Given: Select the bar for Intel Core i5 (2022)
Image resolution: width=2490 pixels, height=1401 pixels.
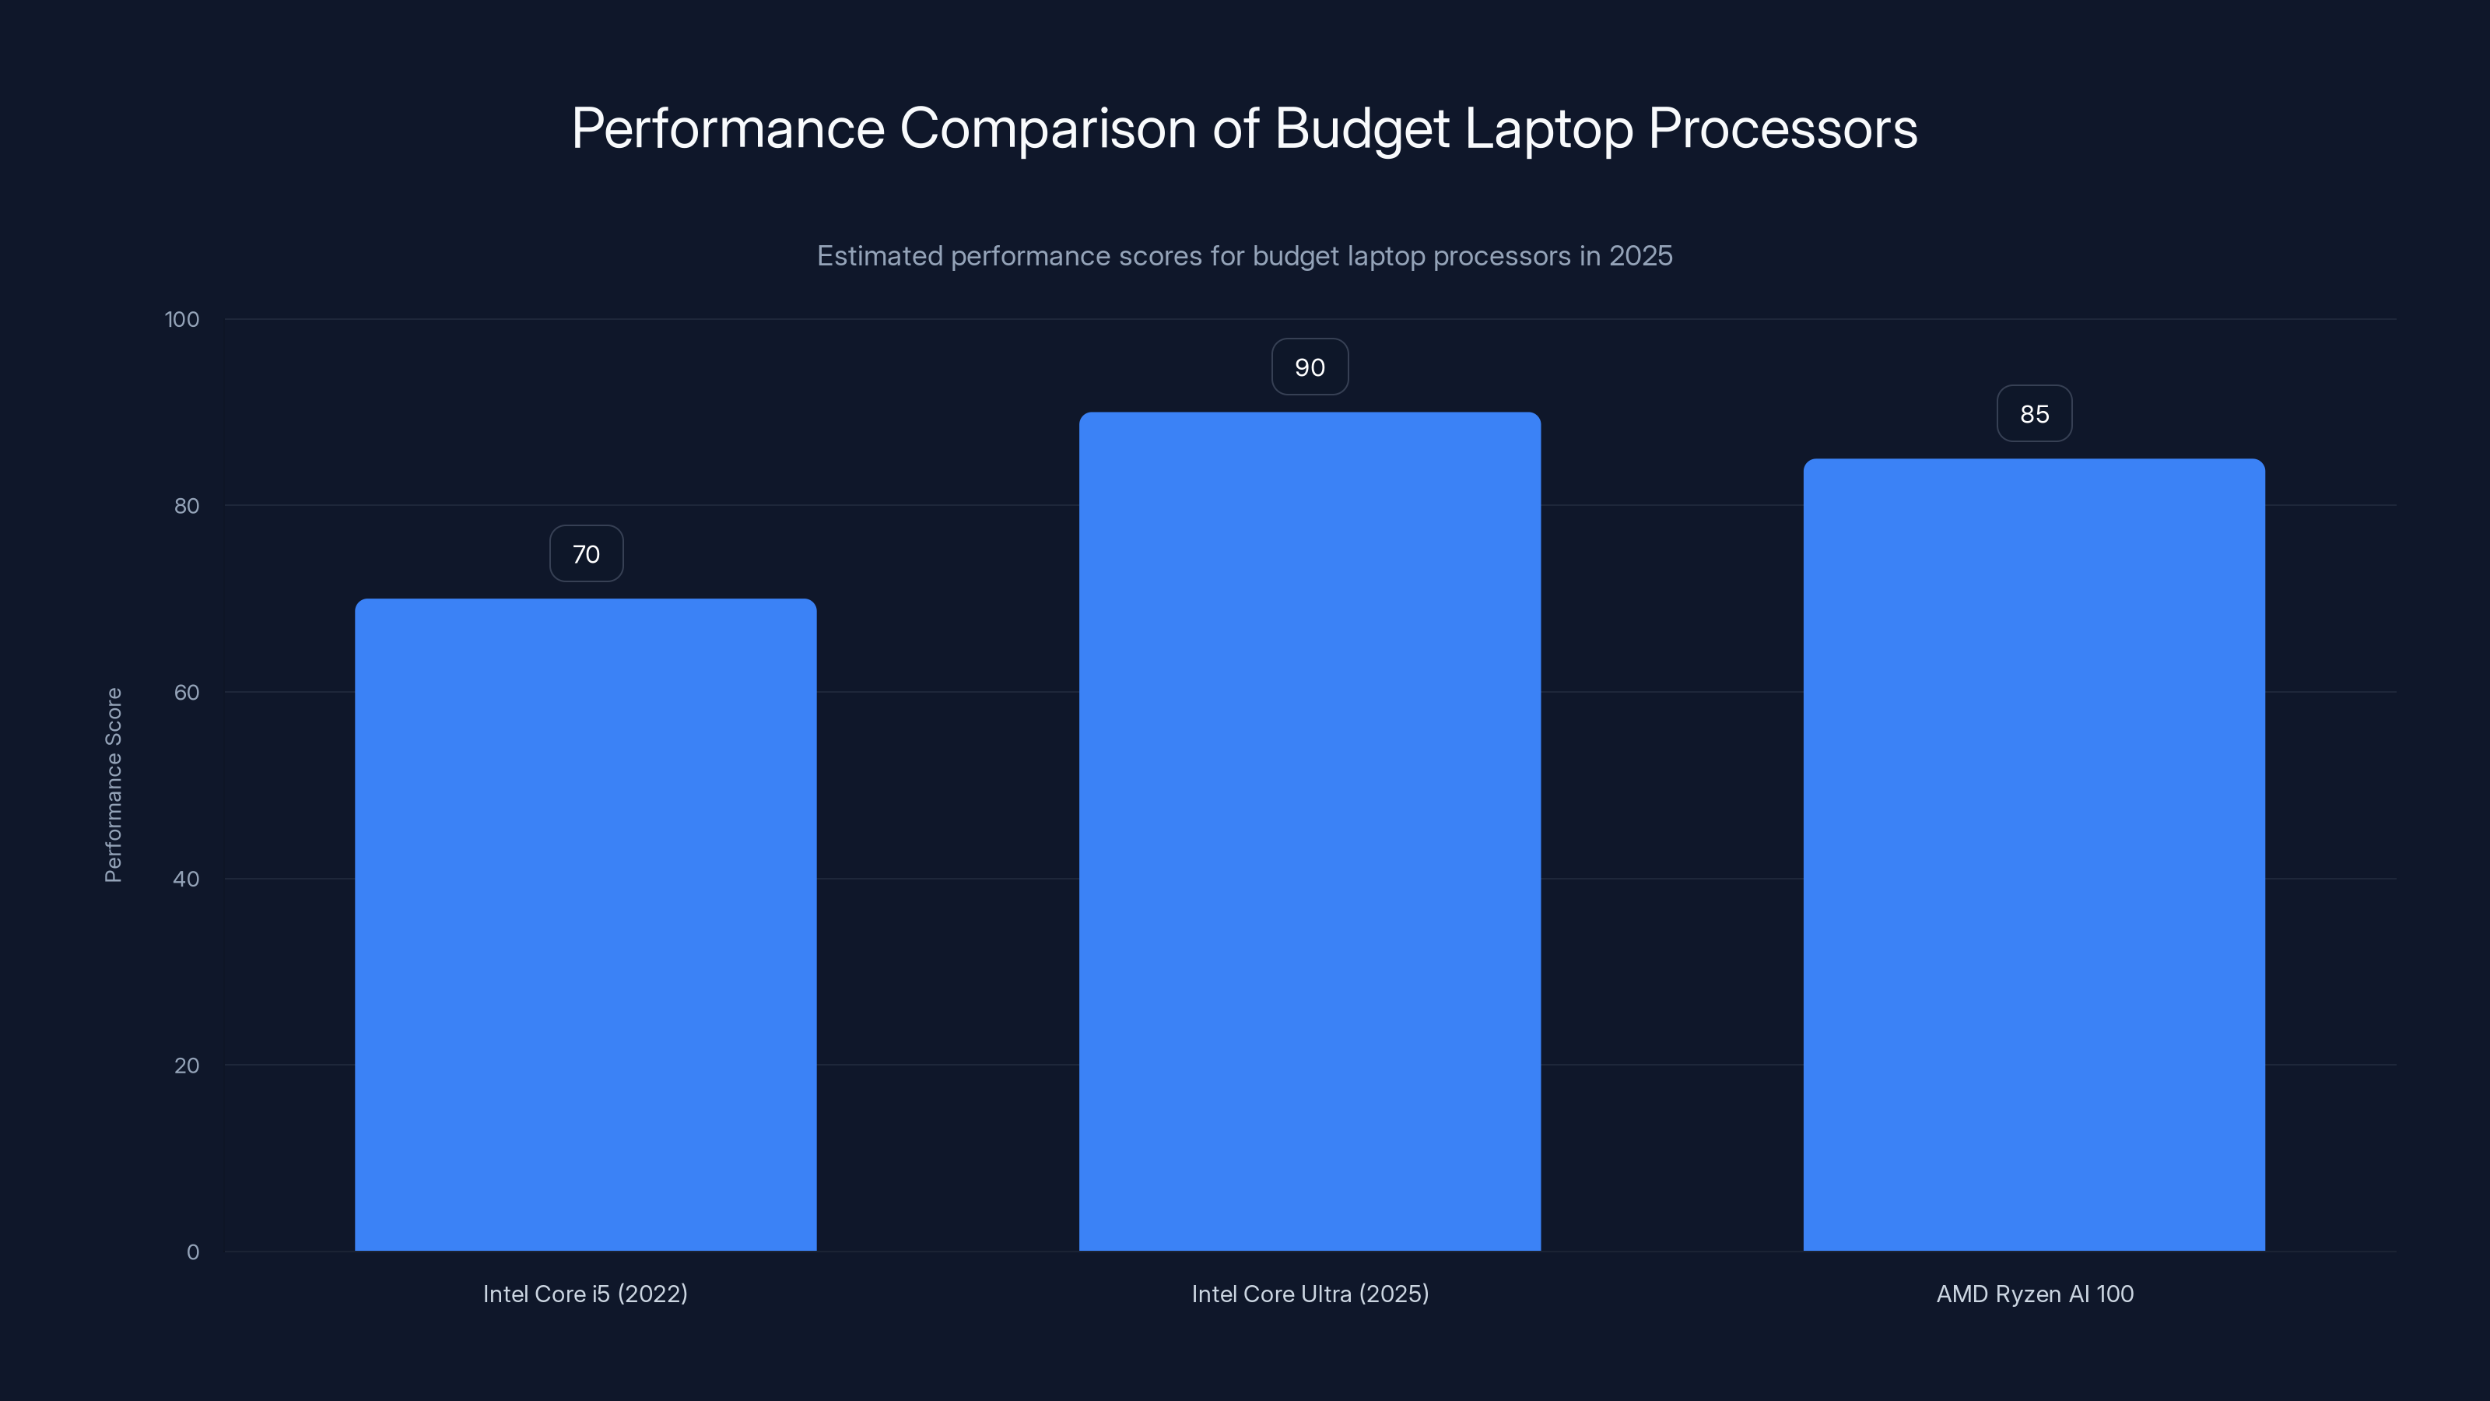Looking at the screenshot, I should pyautogui.click(x=585, y=925).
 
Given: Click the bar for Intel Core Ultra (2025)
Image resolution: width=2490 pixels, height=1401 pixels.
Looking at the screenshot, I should pyautogui.click(x=1310, y=831).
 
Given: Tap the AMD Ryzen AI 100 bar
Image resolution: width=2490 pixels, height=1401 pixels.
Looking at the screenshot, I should pyautogui.click(x=2034, y=855).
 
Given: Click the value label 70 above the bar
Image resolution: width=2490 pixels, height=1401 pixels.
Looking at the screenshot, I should pyautogui.click(x=586, y=554).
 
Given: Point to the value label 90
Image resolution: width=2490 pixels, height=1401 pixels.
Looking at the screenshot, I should pyautogui.click(x=1310, y=367).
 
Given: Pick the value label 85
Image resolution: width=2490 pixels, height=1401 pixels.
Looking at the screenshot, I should pyautogui.click(x=2034, y=414).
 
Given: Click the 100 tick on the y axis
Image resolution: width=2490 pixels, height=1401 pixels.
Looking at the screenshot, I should pyautogui.click(x=182, y=319).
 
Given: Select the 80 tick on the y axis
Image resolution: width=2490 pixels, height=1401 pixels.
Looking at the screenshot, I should pyautogui.click(x=187, y=506).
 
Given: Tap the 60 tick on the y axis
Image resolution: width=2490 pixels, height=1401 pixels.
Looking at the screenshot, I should pyautogui.click(x=187, y=692).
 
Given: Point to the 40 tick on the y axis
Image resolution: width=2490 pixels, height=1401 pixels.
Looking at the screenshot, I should pyautogui.click(x=187, y=879).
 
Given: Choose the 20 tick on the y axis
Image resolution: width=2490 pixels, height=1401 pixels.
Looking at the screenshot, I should pyautogui.click(x=187, y=1066).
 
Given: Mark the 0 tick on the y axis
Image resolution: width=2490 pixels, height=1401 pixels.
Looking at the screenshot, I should pyautogui.click(x=192, y=1252).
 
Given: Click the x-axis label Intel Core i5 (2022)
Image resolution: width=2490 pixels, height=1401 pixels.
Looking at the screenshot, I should pyautogui.click(x=585, y=1294).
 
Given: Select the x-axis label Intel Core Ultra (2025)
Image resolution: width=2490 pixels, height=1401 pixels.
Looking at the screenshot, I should pyautogui.click(x=1310, y=1294).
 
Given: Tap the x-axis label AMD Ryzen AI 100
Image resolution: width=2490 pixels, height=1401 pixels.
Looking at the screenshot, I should pyautogui.click(x=2034, y=1294).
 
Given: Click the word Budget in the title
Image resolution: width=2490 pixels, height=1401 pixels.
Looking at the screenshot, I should pyautogui.click(x=1361, y=129).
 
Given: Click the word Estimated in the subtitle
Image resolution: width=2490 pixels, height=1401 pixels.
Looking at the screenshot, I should pyautogui.click(x=879, y=256).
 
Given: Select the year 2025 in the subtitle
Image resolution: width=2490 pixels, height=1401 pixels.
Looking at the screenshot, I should pyautogui.click(x=1640, y=256).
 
